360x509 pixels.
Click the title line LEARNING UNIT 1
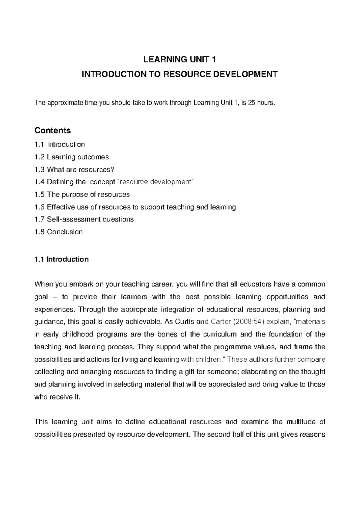(x=180, y=59)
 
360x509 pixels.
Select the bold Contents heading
(x=52, y=130)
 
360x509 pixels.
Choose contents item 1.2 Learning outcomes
(x=72, y=157)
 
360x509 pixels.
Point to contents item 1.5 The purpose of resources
(x=82, y=194)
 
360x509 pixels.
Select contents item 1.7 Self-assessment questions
(x=84, y=219)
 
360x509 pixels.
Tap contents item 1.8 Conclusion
(x=58, y=232)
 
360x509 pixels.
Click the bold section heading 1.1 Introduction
(x=61, y=259)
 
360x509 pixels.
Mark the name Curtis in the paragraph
(x=184, y=322)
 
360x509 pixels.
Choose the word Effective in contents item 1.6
(x=60, y=207)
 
